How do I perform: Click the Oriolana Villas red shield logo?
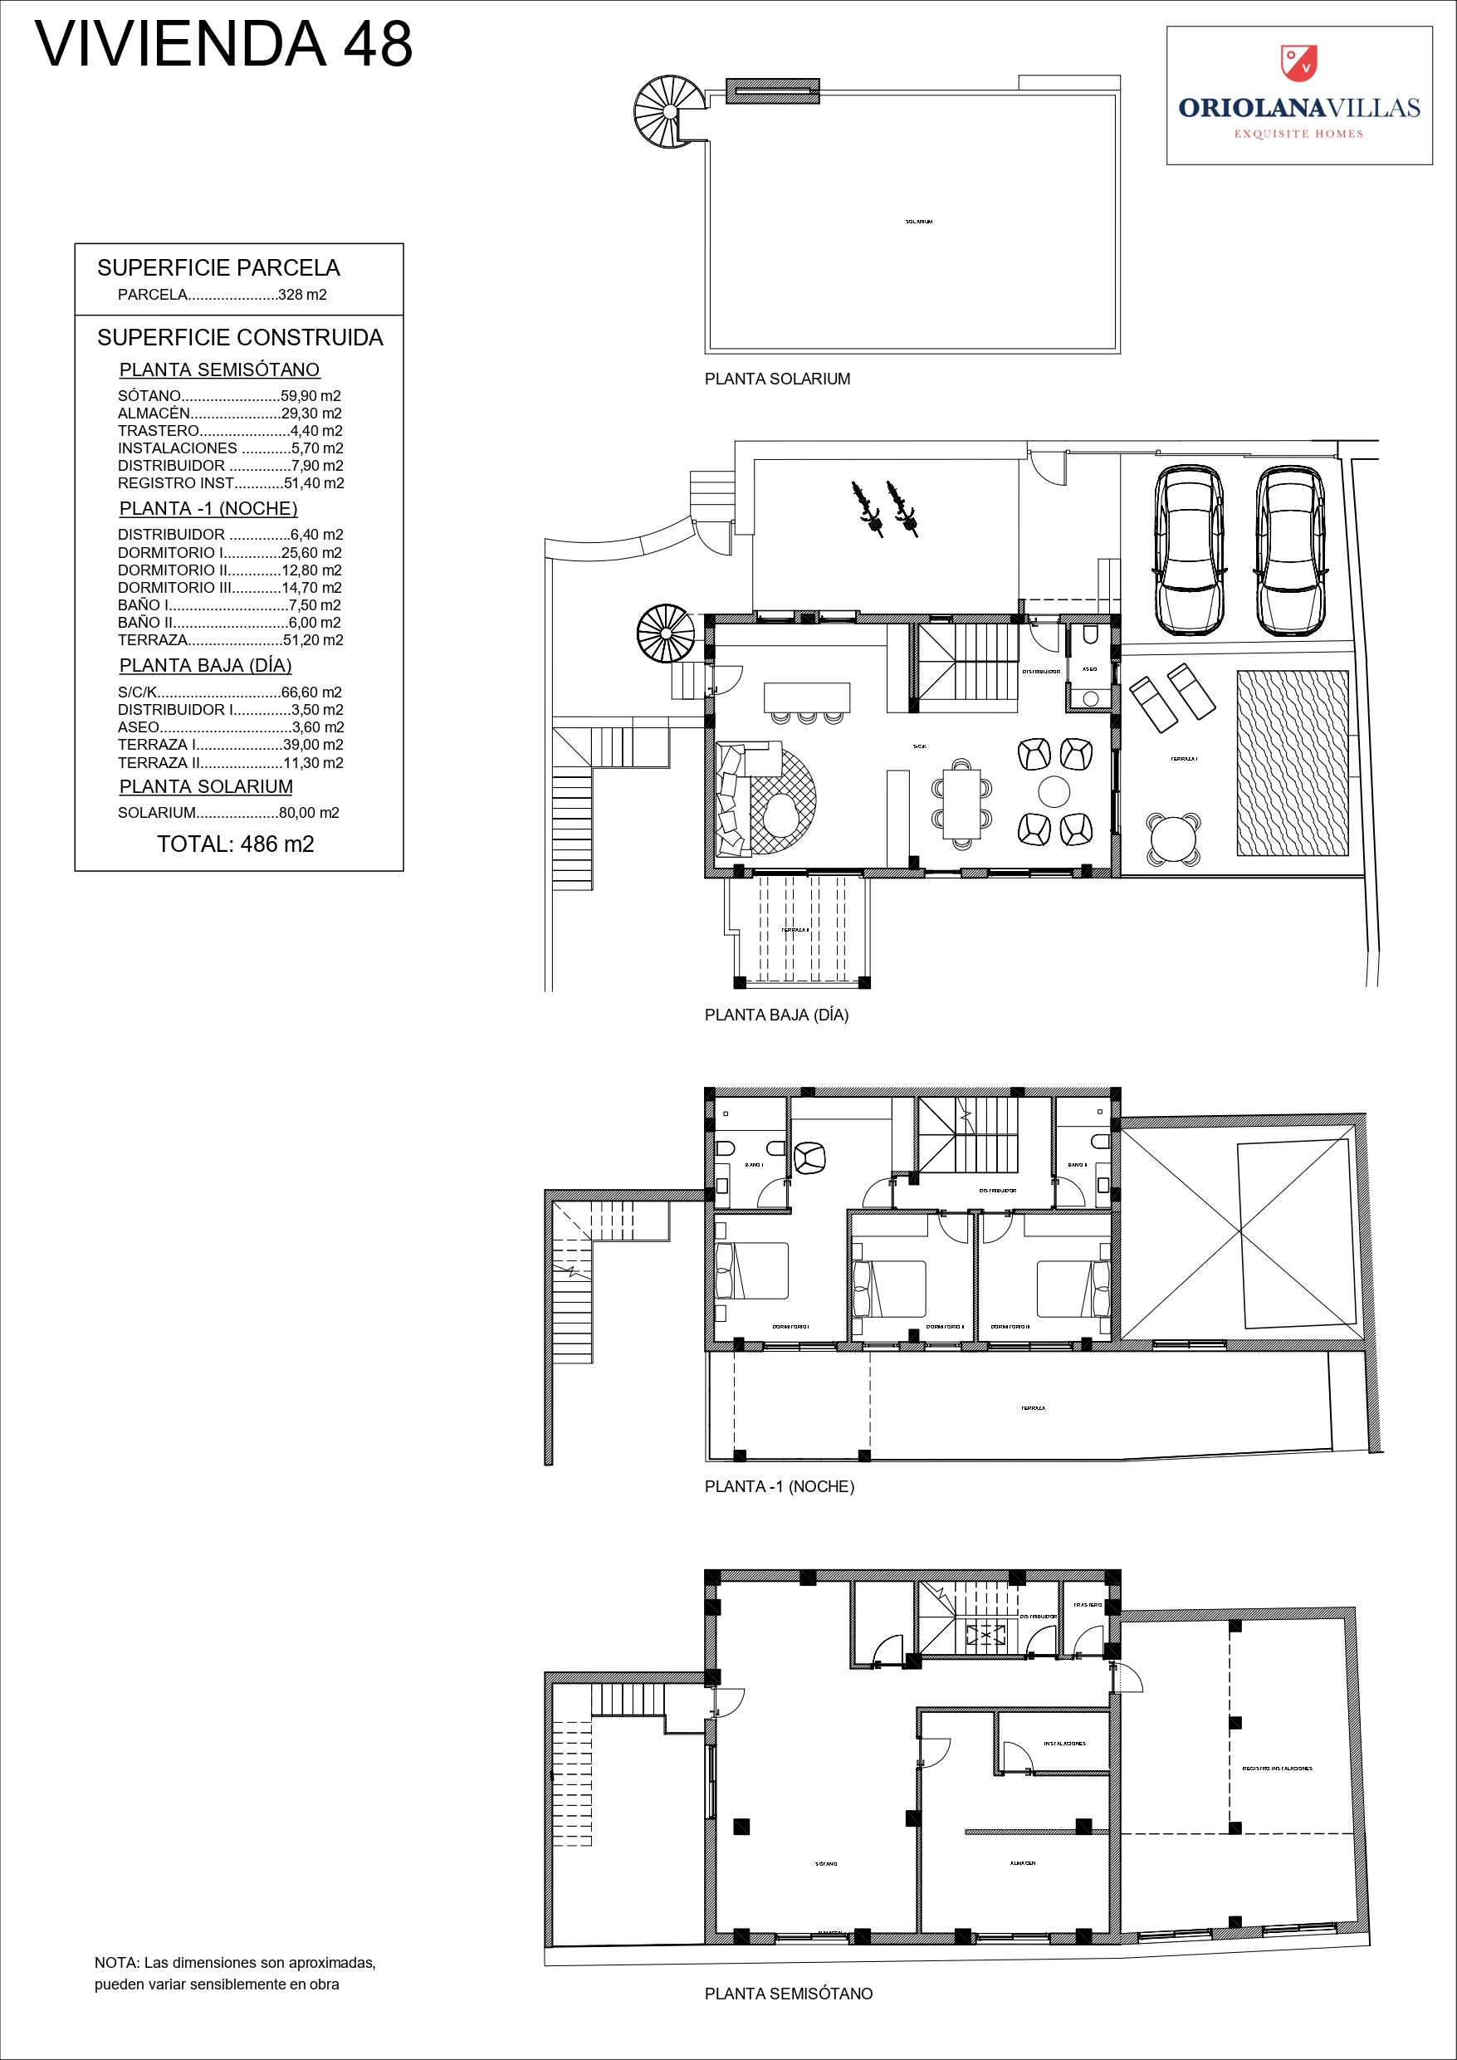1298,62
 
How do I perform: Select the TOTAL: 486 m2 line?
235,844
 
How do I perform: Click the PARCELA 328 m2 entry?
222,294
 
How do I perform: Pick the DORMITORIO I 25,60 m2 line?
229,553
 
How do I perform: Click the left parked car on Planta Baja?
1189,549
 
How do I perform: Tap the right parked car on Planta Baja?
1290,549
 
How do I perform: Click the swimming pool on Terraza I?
1292,762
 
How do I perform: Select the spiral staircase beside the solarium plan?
665,112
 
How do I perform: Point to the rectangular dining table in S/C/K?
961,803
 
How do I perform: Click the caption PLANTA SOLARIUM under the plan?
777,379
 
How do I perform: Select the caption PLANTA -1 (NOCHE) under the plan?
779,1487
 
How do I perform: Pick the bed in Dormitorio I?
752,1270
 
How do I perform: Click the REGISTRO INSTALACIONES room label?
1276,1768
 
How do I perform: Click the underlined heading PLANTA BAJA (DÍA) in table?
205,666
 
